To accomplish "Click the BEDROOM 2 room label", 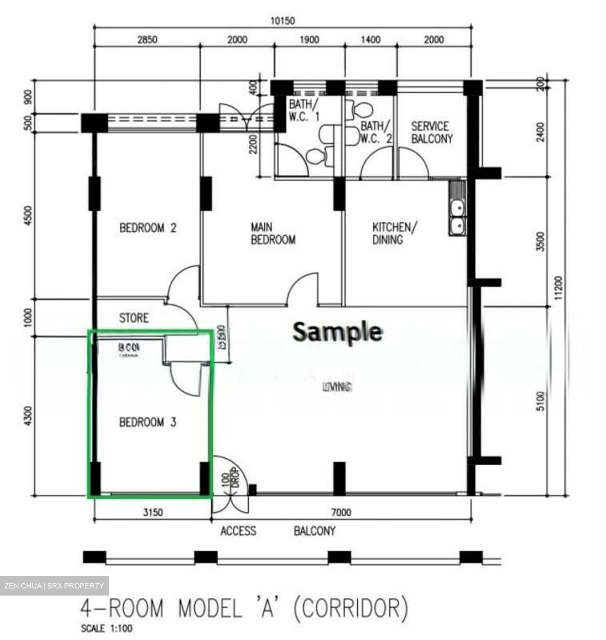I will click(x=148, y=228).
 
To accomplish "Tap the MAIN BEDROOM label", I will click(x=273, y=234).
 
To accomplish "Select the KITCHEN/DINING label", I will click(x=394, y=233).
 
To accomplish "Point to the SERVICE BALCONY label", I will click(x=432, y=132).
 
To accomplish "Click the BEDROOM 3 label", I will click(x=148, y=422).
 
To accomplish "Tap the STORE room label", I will click(x=133, y=318).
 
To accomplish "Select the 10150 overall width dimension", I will click(x=283, y=21).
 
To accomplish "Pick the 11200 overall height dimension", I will click(x=559, y=288).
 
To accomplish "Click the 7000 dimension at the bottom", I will click(x=341, y=512).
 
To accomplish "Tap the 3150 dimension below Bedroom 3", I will click(x=153, y=512).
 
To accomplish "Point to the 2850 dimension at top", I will click(x=147, y=40).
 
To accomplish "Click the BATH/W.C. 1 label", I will click(x=304, y=111).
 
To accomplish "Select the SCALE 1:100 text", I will click(x=107, y=628).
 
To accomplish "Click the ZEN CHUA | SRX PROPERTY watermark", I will click(x=54, y=586).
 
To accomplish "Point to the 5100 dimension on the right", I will click(x=540, y=401).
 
